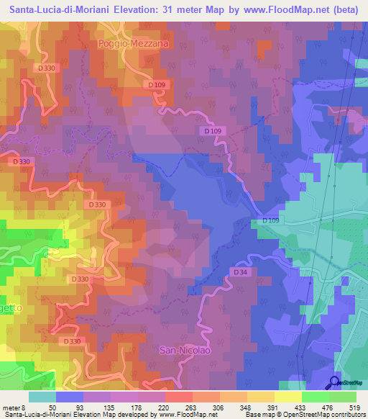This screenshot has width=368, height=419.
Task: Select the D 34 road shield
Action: [x=240, y=272]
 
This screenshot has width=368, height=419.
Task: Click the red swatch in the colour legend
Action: [x=179, y=397]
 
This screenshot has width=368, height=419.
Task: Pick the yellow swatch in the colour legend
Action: [x=288, y=397]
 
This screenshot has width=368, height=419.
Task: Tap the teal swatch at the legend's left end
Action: [x=42, y=397]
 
